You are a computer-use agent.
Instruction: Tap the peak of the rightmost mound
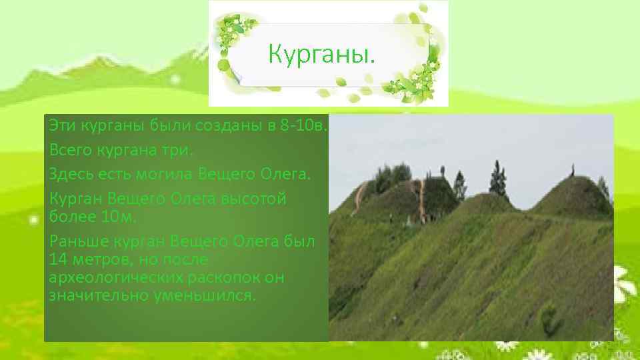coord(572,177)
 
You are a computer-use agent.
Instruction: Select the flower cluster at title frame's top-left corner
coord(233,30)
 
